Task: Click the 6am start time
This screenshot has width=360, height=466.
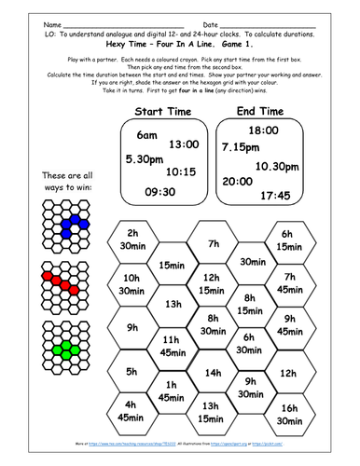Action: [x=146, y=135]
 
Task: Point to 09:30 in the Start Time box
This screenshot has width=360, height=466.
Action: [x=151, y=193]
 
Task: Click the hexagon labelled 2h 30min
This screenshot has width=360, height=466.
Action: [x=132, y=239]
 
